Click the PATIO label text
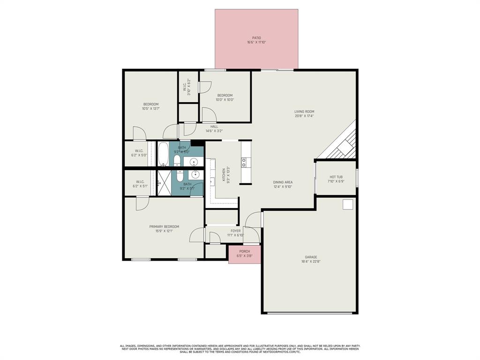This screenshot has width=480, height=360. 256,38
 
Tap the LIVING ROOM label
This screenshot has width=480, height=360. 304,112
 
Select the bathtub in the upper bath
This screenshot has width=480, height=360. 163,154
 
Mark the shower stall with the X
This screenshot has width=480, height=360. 164,182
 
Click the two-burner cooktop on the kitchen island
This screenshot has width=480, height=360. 244,162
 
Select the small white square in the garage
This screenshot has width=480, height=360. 348,204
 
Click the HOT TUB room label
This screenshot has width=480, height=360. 336,177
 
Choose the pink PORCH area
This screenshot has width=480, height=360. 244,255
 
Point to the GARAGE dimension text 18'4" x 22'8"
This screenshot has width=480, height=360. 311,262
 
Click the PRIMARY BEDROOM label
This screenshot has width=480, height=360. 164,227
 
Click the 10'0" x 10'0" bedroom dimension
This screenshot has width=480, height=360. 225,99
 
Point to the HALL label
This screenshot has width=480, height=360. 214,127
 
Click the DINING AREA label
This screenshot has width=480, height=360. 283,182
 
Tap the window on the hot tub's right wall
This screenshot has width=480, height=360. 357,178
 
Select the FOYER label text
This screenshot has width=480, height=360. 235,231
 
